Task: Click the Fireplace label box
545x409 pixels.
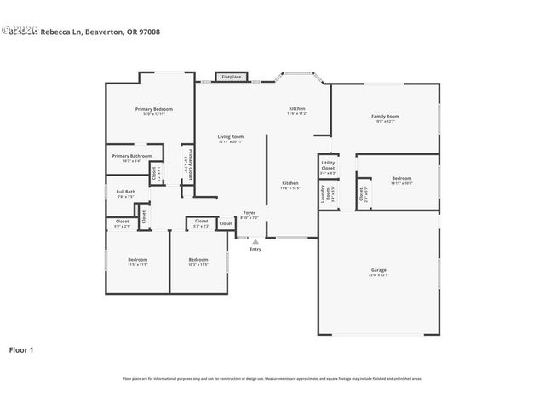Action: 232,77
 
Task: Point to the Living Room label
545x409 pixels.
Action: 230,139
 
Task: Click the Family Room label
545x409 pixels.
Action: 385,118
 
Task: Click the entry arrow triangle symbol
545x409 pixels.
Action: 255,241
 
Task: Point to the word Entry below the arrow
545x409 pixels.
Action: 255,250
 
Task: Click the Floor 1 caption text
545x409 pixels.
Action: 21,349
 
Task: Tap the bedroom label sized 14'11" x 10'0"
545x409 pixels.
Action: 402,181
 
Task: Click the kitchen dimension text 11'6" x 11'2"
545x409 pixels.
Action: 296,113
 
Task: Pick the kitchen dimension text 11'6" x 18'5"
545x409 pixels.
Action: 290,187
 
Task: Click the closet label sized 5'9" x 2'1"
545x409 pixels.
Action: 122,226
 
